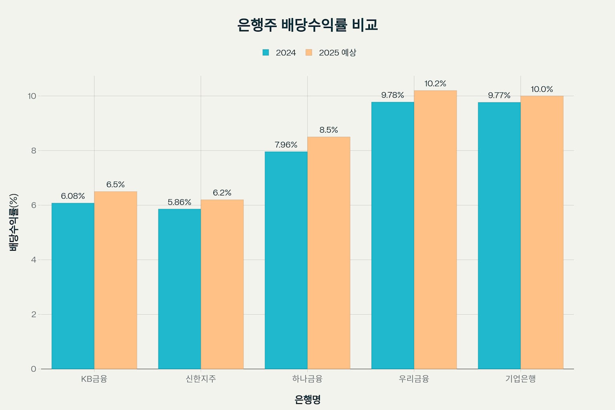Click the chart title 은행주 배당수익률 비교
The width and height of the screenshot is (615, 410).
[307, 25]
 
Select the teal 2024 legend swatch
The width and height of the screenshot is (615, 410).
[265, 52]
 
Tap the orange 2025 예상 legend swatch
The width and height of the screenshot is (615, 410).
[309, 52]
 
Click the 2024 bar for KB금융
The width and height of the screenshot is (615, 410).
[73, 286]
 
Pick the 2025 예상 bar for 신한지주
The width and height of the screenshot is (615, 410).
[222, 284]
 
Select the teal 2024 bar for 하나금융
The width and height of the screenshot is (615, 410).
[286, 260]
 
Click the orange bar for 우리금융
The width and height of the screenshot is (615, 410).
[435, 229]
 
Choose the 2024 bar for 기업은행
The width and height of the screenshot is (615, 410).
[499, 235]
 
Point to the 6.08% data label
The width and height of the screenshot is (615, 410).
[73, 196]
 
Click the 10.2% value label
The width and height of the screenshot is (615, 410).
[435, 84]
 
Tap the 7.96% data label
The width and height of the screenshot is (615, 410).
[286, 145]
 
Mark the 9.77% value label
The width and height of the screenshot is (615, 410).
[499, 95]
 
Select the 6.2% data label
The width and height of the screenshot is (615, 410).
[222, 193]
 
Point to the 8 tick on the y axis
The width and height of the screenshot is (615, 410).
[34, 151]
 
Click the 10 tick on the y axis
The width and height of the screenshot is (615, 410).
[32, 96]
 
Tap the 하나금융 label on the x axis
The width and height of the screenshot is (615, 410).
[307, 378]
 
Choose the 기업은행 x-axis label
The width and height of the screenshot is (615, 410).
[520, 378]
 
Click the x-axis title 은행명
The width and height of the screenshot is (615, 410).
[307, 399]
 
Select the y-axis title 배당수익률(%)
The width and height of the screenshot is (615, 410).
[14, 222]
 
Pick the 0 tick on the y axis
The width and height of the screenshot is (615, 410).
[34, 369]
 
